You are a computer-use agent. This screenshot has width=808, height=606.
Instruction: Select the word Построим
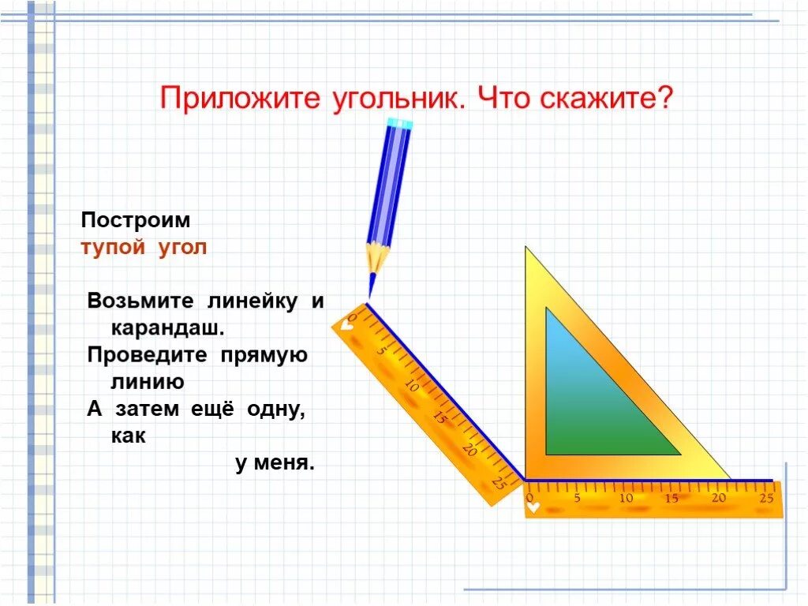(136, 220)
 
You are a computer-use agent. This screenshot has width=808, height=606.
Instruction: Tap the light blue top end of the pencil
(401, 123)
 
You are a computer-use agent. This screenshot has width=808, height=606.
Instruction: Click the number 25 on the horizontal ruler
(765, 499)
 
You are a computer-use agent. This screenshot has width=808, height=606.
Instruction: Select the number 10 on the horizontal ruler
(626, 499)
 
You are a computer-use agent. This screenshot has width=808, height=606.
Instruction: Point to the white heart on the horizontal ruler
(535, 507)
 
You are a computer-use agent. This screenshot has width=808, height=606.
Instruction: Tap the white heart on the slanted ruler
(347, 323)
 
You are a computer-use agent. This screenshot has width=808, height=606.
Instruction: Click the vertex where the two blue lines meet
(524, 479)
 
